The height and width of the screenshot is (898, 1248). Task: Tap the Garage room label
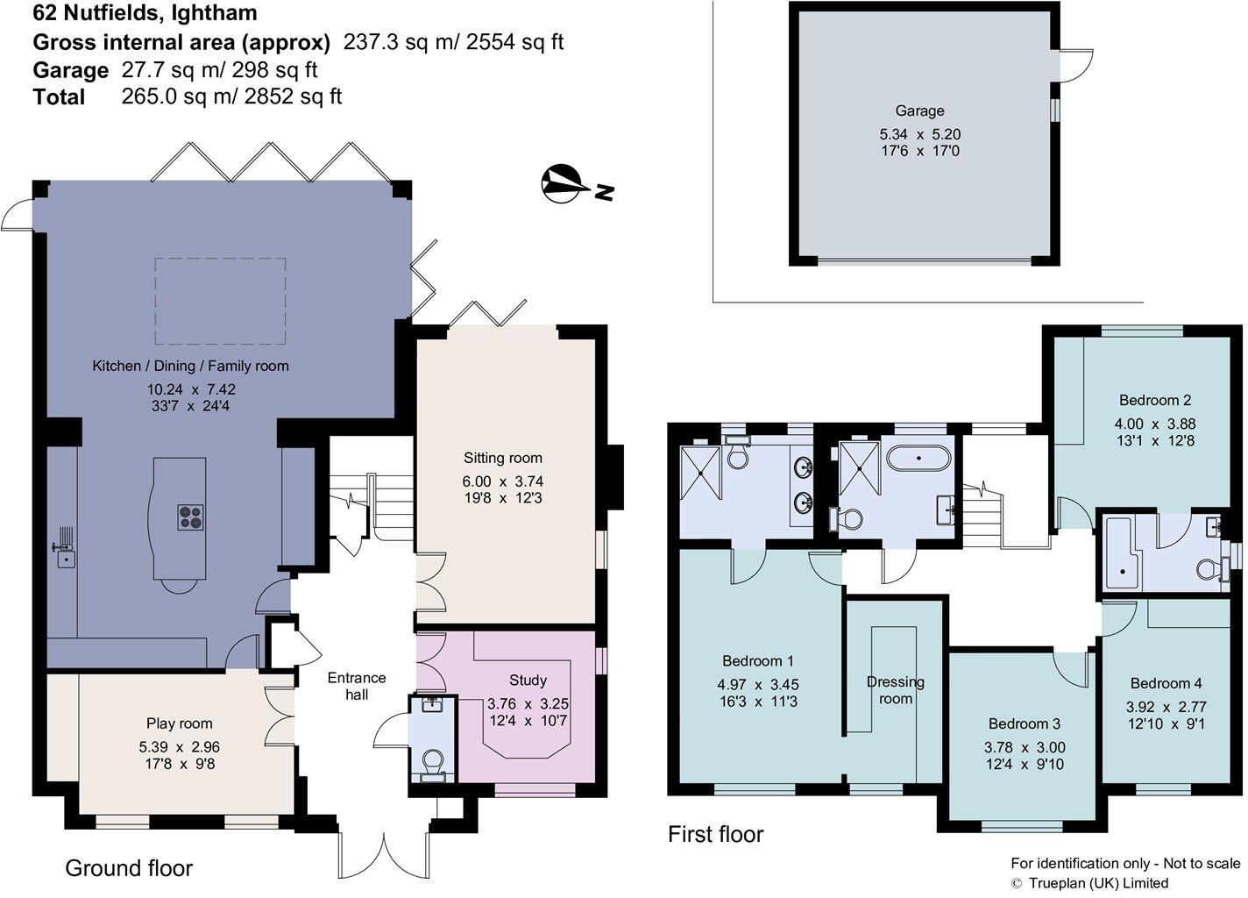(919, 111)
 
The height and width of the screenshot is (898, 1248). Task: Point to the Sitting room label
(503, 458)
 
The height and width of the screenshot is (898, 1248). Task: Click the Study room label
(528, 681)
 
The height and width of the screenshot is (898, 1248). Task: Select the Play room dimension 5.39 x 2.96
(179, 747)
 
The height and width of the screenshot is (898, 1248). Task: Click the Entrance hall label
(356, 686)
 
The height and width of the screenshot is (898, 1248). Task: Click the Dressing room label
(896, 690)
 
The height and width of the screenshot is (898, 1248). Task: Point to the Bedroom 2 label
(1154, 401)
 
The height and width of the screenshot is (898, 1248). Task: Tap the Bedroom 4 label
(1166, 683)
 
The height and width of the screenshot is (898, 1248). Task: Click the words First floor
(715, 834)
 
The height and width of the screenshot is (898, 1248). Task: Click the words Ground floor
(129, 868)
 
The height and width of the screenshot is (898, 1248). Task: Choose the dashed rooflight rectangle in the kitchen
(220, 302)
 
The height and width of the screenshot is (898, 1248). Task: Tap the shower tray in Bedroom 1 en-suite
(702, 473)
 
